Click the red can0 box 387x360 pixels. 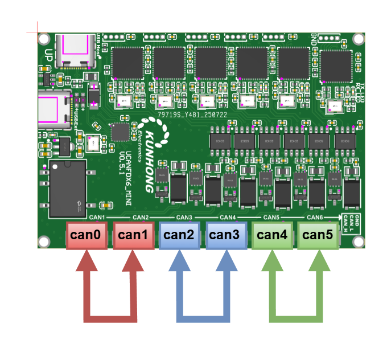tap(87, 235)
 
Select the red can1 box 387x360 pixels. tap(133, 235)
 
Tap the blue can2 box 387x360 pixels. tap(180, 235)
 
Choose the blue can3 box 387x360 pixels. tap(226, 235)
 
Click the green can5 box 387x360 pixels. tap(318, 235)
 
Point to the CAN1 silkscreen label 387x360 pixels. tap(97, 218)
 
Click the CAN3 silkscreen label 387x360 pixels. tap(184, 218)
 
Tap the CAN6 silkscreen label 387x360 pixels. tap(315, 218)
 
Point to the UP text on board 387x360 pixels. tap(48, 56)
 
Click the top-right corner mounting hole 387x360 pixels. tap(358, 39)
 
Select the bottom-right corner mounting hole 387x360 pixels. tap(358, 242)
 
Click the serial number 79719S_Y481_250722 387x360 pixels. tap(192, 114)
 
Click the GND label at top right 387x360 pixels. tap(314, 39)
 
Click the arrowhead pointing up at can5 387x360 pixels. tap(319, 262)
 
